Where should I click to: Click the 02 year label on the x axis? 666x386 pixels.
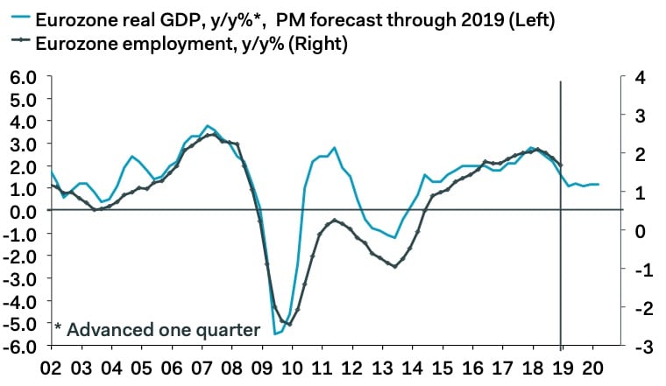(53, 368)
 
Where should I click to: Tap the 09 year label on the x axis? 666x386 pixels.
(262, 368)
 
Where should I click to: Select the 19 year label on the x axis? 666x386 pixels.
(561, 368)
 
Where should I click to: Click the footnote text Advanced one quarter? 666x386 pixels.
(163, 330)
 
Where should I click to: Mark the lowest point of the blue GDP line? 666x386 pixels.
(275, 333)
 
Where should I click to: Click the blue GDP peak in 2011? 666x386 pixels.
(334, 148)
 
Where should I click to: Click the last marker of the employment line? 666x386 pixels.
(560, 165)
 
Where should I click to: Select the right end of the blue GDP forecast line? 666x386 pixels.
(599, 185)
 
